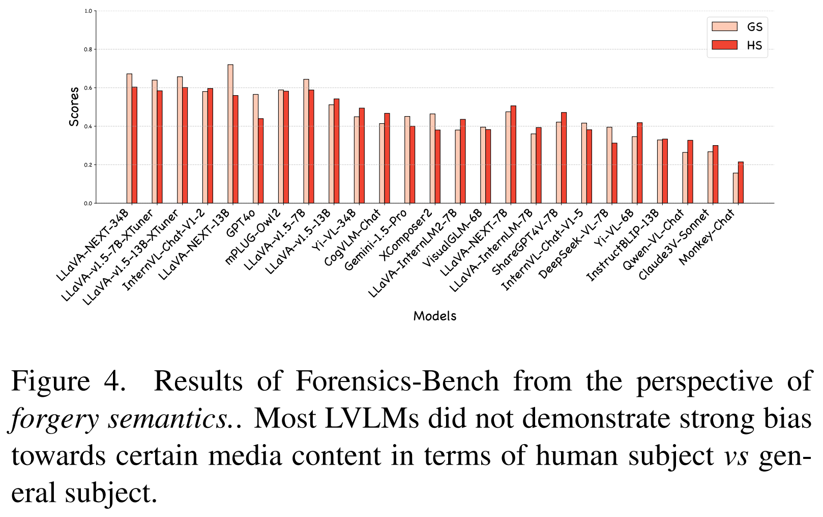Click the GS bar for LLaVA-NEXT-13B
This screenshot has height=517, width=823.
(230, 134)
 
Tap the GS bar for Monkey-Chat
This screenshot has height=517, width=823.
(736, 188)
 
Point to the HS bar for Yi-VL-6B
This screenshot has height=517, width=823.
(639, 163)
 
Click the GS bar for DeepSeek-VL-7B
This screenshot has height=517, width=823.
(609, 165)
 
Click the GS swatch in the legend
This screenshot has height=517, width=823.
(724, 27)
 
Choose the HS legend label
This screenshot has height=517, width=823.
(754, 45)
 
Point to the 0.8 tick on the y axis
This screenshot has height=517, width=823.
(89, 49)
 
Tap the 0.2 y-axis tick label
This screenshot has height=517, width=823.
(89, 165)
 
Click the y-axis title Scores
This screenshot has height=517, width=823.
(74, 106)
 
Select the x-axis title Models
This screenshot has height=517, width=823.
(435, 316)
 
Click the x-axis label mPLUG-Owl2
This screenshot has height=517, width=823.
(253, 236)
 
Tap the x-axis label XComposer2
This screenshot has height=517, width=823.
(406, 234)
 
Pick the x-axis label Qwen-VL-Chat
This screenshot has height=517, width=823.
(653, 239)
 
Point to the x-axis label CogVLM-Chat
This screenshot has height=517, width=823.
(352, 237)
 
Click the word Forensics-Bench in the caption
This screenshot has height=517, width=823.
(397, 381)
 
